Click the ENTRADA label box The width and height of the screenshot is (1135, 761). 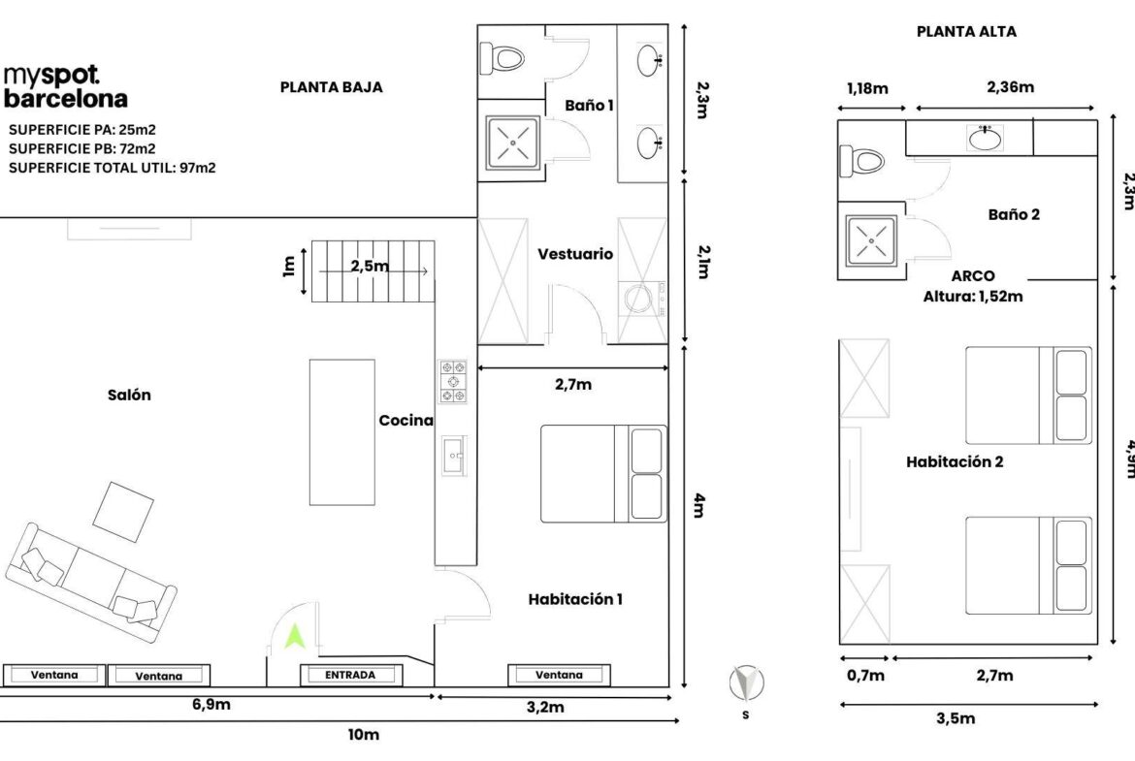pos(350,675)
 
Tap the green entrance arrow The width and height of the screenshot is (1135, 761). pos(294,636)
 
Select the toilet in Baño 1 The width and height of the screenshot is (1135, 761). pos(502,58)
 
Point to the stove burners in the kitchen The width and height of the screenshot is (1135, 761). pos(453,381)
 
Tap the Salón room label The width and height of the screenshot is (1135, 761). pos(130,395)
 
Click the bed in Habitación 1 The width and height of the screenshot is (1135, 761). pos(603,474)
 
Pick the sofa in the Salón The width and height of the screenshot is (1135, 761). pos(90,583)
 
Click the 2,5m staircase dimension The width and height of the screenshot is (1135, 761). pos(370,267)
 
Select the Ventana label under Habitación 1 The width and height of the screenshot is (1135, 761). pos(559,675)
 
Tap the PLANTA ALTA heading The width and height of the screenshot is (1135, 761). pos(966,32)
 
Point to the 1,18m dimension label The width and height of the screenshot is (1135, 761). pos(867,88)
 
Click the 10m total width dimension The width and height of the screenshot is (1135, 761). pos(364,735)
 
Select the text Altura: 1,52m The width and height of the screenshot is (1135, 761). pos(973,296)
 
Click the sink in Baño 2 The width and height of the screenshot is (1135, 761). pos(986,138)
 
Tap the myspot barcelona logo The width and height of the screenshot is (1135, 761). pos(65,87)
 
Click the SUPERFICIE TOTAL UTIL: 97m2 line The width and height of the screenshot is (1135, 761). pos(113,168)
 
